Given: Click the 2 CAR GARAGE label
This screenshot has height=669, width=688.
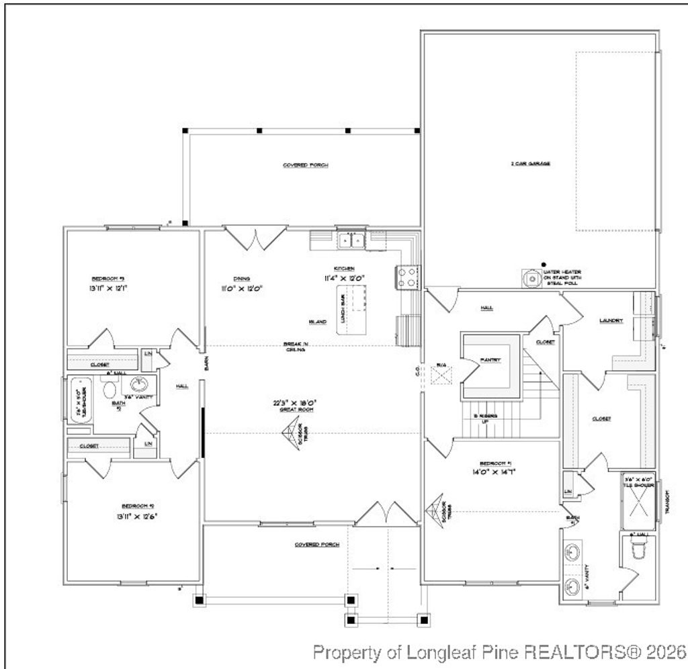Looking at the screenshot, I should (531, 163).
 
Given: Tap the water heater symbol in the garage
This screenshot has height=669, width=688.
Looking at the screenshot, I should (531, 277).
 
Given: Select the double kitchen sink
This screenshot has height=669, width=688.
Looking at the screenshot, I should (352, 239).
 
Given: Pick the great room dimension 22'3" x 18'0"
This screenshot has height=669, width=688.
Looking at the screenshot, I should (294, 403).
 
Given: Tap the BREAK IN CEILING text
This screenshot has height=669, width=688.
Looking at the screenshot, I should (296, 347).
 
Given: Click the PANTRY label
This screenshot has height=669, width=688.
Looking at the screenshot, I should (490, 360).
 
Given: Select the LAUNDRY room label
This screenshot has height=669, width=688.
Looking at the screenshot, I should (611, 321).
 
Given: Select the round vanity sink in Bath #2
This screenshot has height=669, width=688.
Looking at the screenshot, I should (139, 385).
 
